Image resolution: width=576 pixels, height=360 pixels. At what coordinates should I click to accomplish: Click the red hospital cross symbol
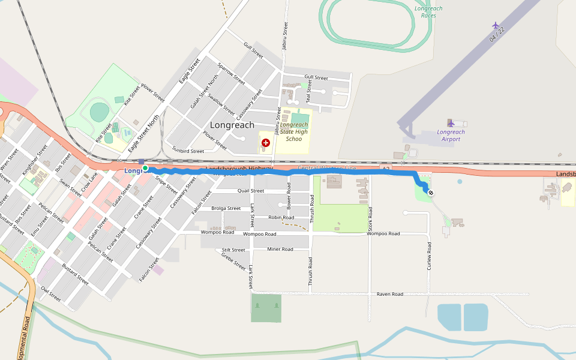click(x=266, y=142)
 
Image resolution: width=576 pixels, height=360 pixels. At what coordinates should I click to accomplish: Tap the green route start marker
click(x=145, y=168)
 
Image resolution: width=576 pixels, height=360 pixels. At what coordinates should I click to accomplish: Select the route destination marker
click(x=430, y=193)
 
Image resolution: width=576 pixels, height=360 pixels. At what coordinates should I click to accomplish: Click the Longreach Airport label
click(x=451, y=136)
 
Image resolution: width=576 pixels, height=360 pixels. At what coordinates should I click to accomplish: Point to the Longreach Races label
click(x=425, y=11)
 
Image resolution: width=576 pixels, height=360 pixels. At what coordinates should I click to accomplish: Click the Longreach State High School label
click(x=294, y=132)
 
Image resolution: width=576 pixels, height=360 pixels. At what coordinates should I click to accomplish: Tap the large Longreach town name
click(x=232, y=125)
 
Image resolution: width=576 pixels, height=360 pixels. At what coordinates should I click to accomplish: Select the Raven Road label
click(x=390, y=295)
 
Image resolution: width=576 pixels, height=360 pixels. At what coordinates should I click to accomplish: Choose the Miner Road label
click(x=280, y=249)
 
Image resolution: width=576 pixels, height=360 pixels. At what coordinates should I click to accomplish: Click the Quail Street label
click(x=251, y=191)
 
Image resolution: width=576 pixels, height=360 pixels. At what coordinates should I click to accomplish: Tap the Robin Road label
click(x=281, y=217)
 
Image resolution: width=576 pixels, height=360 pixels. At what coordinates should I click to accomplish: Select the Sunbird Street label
click(x=188, y=151)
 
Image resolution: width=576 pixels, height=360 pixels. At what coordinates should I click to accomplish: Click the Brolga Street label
click(x=226, y=208)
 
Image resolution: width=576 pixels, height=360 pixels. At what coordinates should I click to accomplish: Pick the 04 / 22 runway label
click(x=497, y=34)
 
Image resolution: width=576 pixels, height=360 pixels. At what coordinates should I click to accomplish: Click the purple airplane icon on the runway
click(x=496, y=25)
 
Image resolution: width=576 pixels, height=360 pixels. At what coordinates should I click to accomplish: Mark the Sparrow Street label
click(x=231, y=73)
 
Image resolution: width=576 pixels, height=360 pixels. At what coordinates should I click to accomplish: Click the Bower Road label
click(x=289, y=200)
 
